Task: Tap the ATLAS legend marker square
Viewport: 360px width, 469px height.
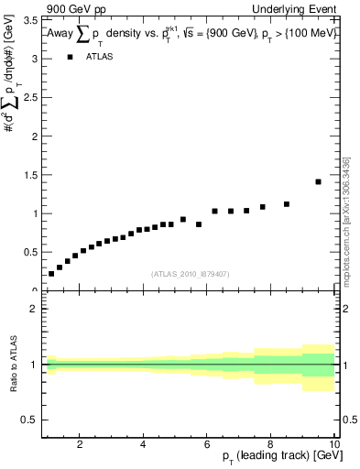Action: tap(70, 57)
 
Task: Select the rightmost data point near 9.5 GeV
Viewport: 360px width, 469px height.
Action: tap(318, 181)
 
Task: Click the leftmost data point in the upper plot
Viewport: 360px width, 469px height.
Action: tap(51, 273)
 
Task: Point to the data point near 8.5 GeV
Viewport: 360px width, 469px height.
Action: tap(287, 204)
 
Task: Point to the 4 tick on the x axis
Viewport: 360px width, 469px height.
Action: tap(144, 445)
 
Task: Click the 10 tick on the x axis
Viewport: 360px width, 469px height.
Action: tap(333, 445)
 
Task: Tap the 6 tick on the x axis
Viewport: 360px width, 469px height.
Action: tap(207, 445)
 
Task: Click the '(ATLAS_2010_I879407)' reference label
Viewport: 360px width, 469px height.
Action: tap(190, 273)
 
